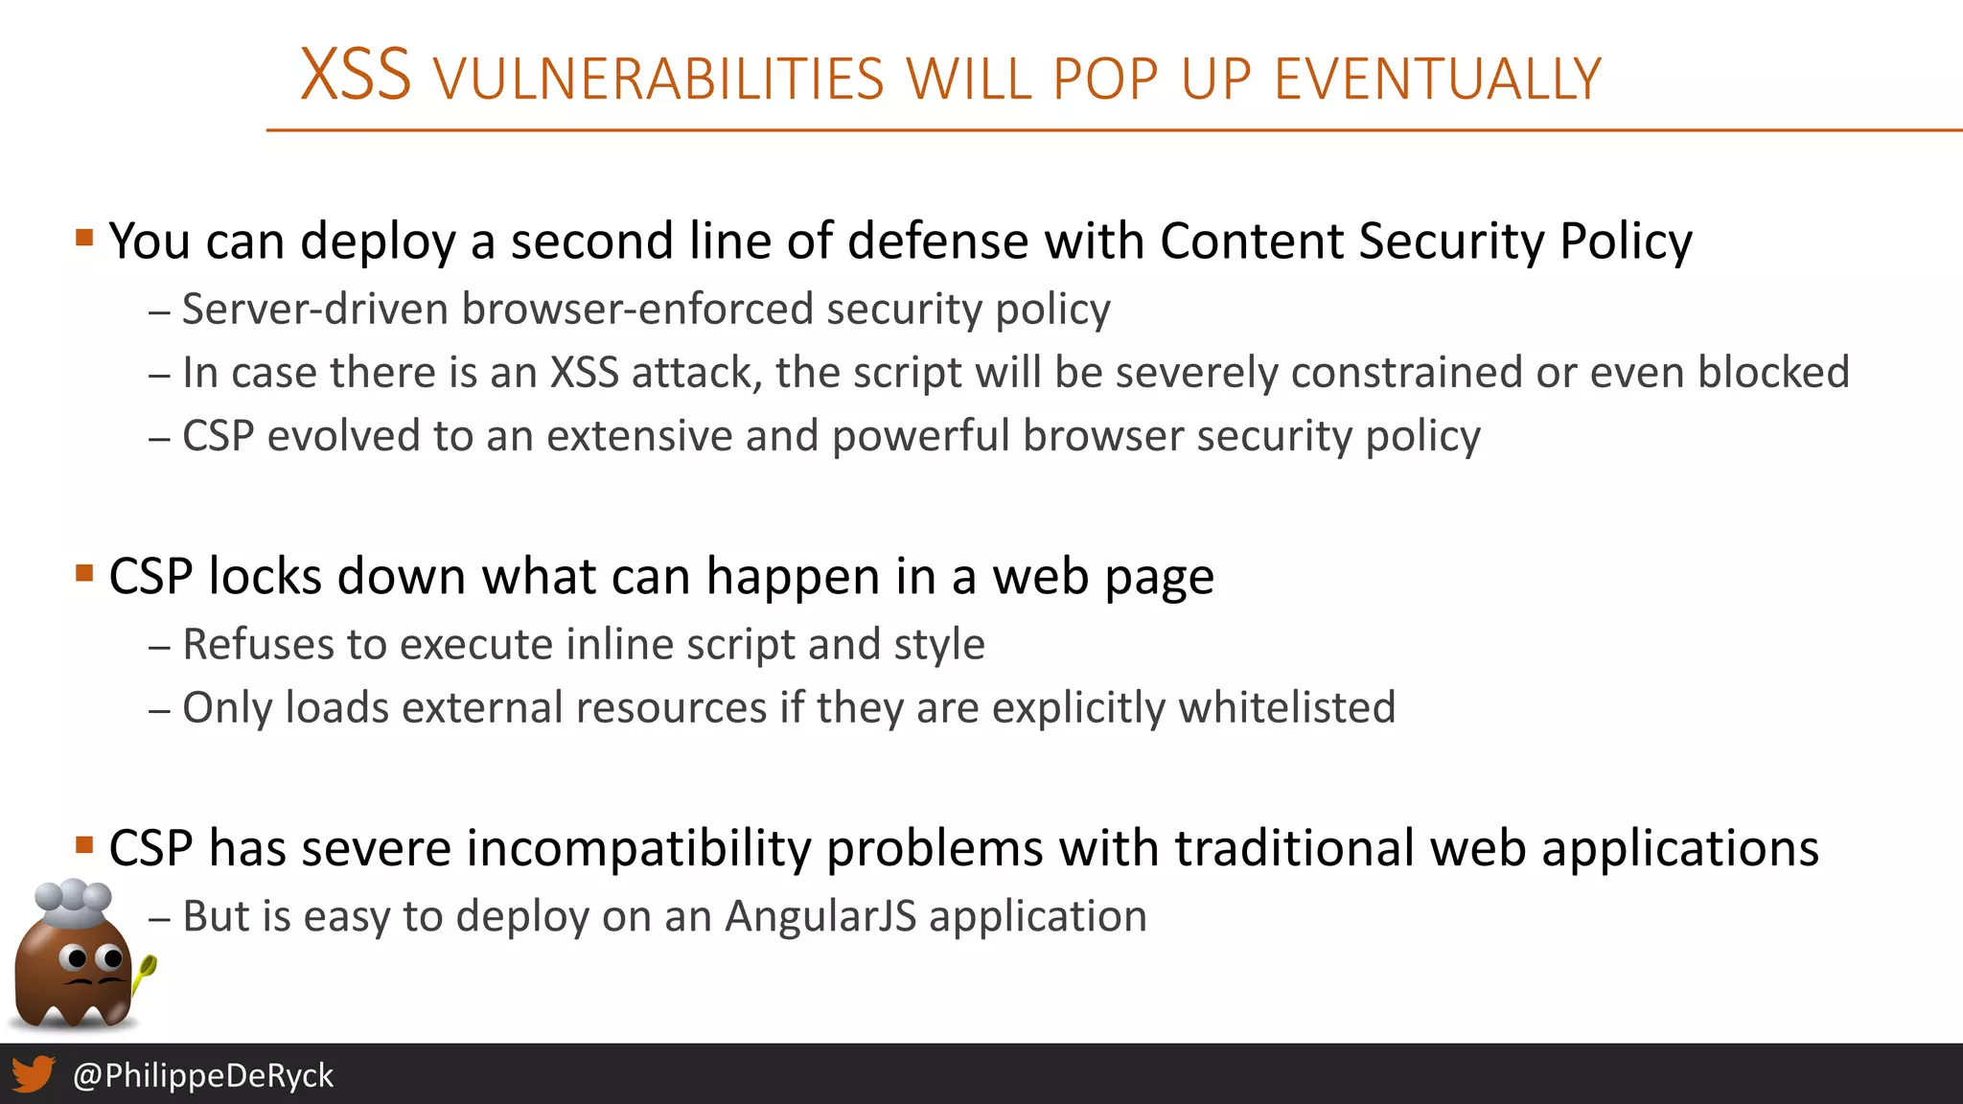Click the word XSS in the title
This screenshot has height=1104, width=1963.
(356, 75)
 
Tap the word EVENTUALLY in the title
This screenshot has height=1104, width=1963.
(1438, 79)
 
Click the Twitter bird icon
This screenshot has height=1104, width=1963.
(33, 1074)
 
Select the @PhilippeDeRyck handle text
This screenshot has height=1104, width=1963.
(203, 1075)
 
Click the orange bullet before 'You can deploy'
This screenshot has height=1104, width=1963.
(84, 237)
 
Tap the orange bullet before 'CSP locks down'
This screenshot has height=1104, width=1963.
(84, 573)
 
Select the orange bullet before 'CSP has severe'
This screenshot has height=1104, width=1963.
(84, 845)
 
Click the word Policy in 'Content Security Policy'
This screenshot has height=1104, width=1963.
(1626, 241)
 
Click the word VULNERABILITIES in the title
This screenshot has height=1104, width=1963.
(658, 79)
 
